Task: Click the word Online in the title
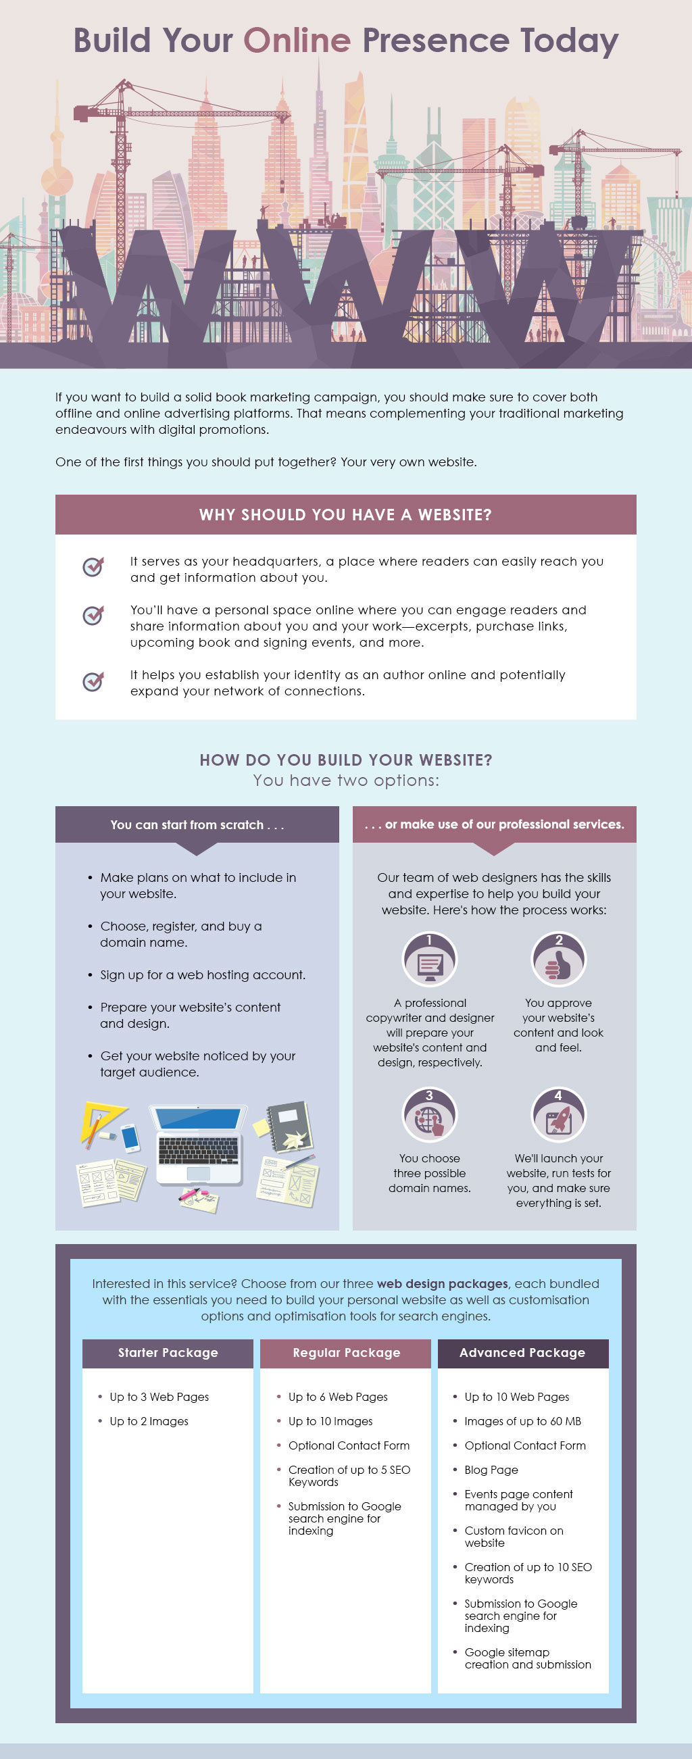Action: tap(297, 41)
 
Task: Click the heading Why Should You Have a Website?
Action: tap(345, 515)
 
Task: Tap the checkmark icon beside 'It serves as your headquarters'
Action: tap(93, 566)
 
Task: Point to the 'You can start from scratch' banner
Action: tap(197, 824)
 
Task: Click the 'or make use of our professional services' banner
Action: tap(494, 824)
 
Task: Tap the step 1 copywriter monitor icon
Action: tap(430, 959)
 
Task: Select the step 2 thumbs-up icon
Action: tap(558, 959)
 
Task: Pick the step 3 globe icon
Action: tap(430, 1114)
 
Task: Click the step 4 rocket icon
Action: tap(558, 1114)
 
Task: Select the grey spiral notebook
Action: tap(291, 1127)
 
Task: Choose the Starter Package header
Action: tap(168, 1353)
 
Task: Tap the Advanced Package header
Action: tap(522, 1353)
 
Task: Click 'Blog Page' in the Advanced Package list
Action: tap(491, 1470)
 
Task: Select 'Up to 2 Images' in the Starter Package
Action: tap(149, 1421)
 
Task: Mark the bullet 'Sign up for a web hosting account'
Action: tap(203, 974)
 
